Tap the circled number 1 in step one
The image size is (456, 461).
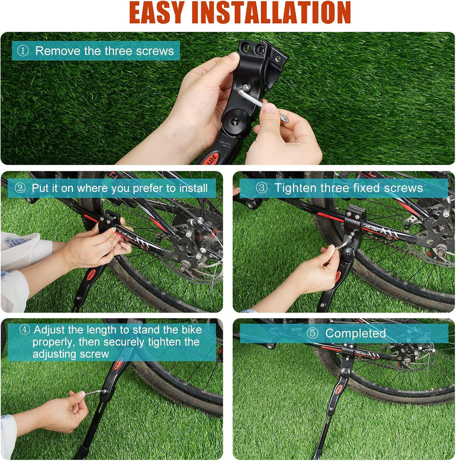coord(23,51)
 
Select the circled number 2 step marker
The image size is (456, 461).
coord(21,188)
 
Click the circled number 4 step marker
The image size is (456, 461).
coord(25,330)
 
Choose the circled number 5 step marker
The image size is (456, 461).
coord(312,334)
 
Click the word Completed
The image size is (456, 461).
coord(356,334)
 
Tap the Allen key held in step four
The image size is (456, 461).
coord(93,393)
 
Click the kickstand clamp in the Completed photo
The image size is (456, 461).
coord(348,350)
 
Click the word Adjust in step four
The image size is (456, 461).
coord(48,330)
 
